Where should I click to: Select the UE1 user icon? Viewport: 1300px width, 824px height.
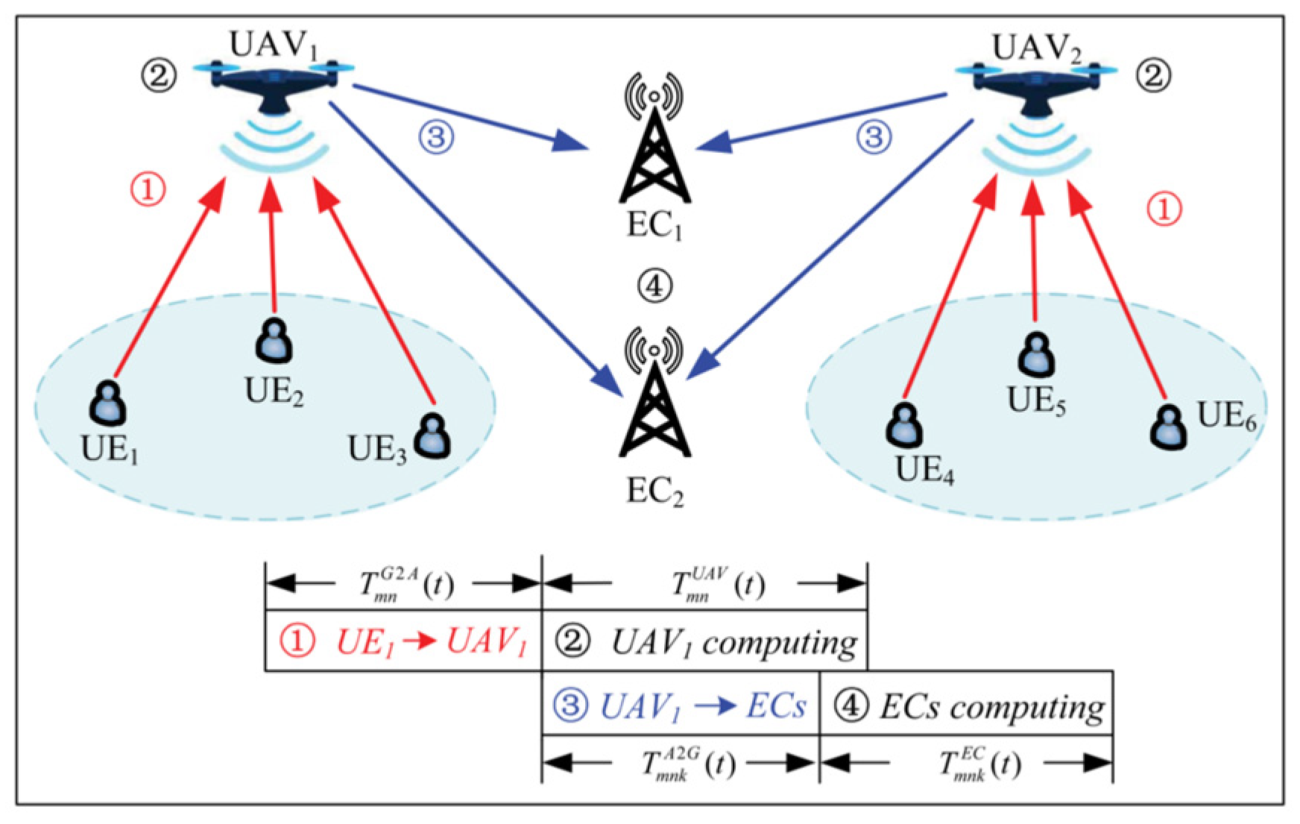pyautogui.click(x=108, y=404)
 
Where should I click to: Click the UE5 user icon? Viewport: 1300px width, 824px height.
pyautogui.click(x=1036, y=354)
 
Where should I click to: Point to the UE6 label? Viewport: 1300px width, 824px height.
pyautogui.click(x=1226, y=416)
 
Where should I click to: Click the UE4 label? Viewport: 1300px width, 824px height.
pyautogui.click(x=924, y=470)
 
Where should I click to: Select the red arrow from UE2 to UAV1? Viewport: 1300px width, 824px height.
pyautogui.click(x=272, y=246)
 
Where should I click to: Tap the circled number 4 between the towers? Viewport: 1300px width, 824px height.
pyautogui.click(x=654, y=286)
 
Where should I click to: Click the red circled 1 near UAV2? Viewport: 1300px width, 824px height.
pyautogui.click(x=1164, y=210)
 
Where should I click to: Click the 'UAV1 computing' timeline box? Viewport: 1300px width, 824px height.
pyautogui.click(x=704, y=641)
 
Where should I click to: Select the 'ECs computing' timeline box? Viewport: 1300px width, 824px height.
pyautogui.click(x=966, y=705)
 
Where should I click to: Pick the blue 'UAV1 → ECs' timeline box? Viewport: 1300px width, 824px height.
pyautogui.click(x=680, y=705)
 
